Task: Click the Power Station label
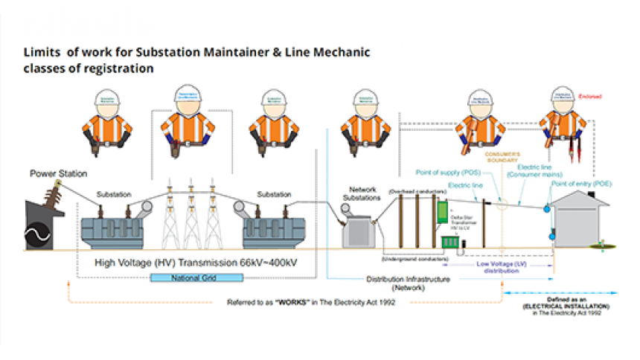tap(58, 173)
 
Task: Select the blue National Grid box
tap(196, 277)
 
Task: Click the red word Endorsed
tap(589, 97)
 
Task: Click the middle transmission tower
tap(196, 216)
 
